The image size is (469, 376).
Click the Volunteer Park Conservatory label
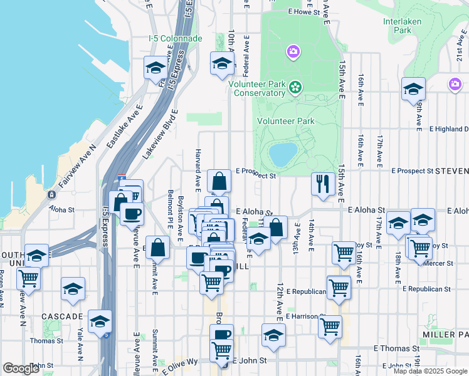[x=257, y=88]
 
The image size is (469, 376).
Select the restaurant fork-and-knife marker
[x=322, y=184]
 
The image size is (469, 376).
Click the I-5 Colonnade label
[x=176, y=38]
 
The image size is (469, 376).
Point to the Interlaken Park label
[x=406, y=24]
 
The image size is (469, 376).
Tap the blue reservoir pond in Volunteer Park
[x=283, y=152]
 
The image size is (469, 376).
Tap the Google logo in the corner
[x=21, y=368]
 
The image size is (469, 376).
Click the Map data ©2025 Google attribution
[x=430, y=371]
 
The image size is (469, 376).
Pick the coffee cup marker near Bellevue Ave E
[x=132, y=214]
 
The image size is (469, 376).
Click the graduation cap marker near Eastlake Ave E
[x=155, y=68]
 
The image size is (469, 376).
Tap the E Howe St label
[x=303, y=11]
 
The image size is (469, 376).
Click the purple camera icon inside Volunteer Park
[x=293, y=51]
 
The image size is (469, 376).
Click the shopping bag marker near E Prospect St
[x=219, y=182]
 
